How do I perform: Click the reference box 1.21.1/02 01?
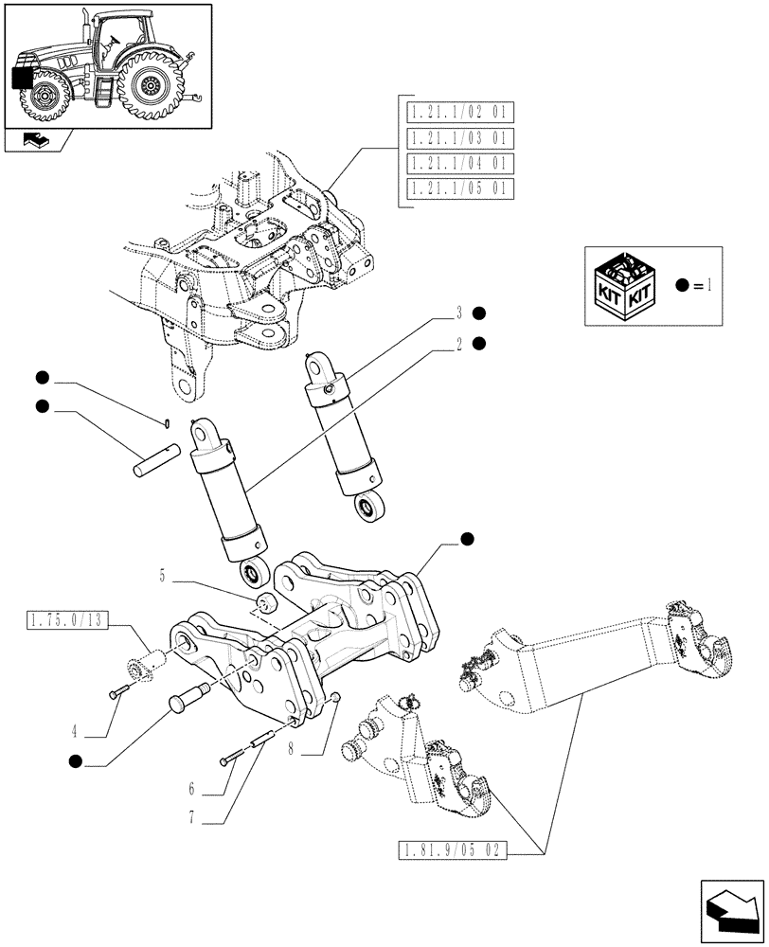point(458,114)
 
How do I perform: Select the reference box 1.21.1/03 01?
point(458,138)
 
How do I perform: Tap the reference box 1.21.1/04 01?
point(458,163)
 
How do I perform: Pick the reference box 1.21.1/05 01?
point(458,188)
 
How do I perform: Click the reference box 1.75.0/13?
point(63,621)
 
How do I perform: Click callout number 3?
point(457,313)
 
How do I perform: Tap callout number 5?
point(162,574)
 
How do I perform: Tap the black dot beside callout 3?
point(479,313)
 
